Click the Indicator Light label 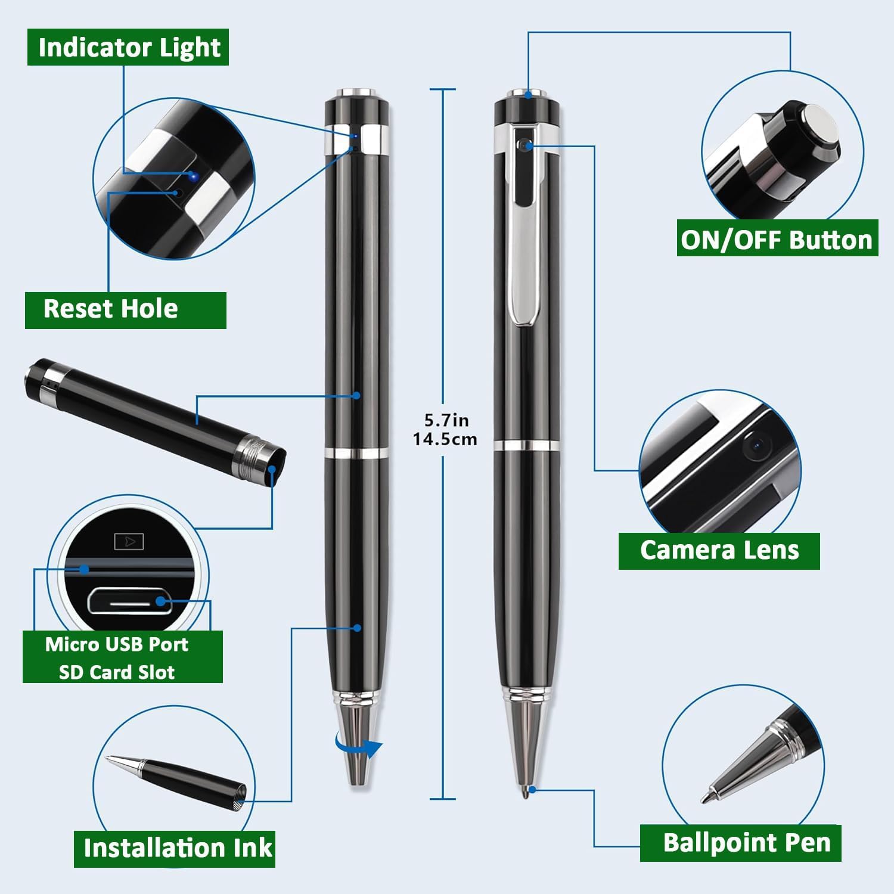tap(128, 48)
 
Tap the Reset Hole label tap(111, 309)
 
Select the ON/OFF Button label tap(777, 240)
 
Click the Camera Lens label tap(719, 550)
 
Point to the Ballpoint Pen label tap(746, 843)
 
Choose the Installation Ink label tap(178, 848)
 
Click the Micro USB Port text tap(117, 644)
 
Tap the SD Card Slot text tap(117, 672)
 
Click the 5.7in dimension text tap(446, 420)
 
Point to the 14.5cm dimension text tap(445, 439)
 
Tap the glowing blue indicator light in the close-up tap(193, 176)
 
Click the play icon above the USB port tap(129, 542)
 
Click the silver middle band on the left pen tap(356, 453)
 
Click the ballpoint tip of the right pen tap(524, 792)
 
